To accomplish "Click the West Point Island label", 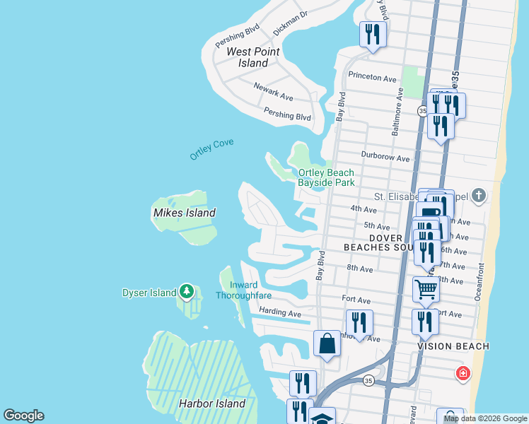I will [252, 57].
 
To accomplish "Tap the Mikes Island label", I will [184, 212].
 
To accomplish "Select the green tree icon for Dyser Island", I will [186, 290].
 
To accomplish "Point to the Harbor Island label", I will [211, 404].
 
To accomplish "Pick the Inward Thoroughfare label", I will [244, 290].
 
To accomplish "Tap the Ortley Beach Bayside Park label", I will [325, 177].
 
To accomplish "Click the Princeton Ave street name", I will [372, 78].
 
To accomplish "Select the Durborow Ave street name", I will [385, 158].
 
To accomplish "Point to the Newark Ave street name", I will [273, 91].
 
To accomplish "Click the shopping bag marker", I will [327, 343].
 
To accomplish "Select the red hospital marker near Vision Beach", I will [463, 372].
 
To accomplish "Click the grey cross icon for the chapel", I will [479, 196].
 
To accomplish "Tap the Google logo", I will [23, 416].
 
